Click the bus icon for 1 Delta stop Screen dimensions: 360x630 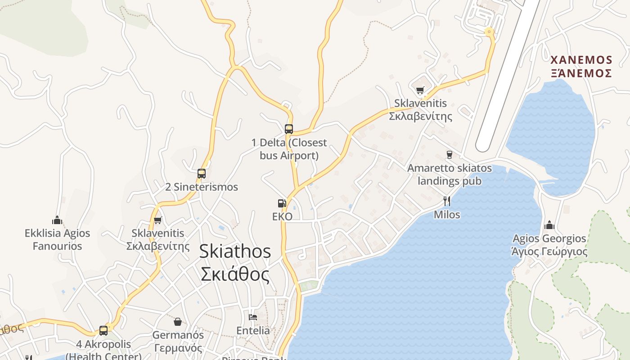(x=289, y=129)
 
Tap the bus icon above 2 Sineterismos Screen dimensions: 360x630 (x=202, y=173)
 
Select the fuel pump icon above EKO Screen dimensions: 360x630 (x=282, y=203)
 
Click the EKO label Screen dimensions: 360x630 (x=282, y=217)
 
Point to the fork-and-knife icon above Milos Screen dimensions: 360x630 (x=447, y=201)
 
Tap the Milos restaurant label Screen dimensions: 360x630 (x=447, y=215)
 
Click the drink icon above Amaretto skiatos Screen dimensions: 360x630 (x=449, y=155)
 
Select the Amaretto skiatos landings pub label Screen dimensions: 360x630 (x=450, y=175)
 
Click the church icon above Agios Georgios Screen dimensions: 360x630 (x=549, y=225)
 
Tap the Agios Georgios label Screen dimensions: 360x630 (x=549, y=244)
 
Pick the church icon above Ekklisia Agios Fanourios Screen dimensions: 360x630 (x=57, y=220)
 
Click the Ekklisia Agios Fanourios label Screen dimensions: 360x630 (x=57, y=239)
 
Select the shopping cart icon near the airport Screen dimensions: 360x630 (x=420, y=90)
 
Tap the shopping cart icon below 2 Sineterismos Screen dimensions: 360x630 (x=157, y=220)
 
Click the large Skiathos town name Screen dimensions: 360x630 (x=235, y=263)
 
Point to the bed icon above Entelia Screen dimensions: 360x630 (x=253, y=317)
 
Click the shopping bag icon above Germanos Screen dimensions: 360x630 (x=178, y=322)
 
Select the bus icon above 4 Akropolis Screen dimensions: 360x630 (x=103, y=331)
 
